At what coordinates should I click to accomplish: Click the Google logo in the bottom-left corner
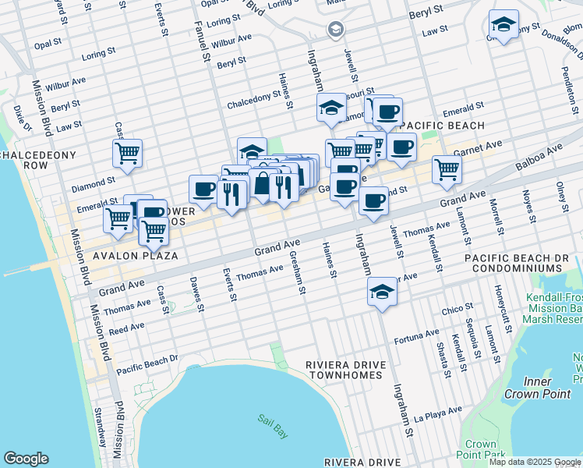(x=26, y=459)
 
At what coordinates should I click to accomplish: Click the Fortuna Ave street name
(x=417, y=335)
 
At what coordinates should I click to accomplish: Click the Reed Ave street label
(x=127, y=330)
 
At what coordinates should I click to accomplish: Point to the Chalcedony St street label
(x=253, y=101)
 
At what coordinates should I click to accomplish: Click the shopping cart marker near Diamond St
(x=127, y=153)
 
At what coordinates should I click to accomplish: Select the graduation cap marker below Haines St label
(x=252, y=151)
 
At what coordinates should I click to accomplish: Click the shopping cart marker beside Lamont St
(x=447, y=168)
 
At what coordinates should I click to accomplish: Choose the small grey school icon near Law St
(x=336, y=30)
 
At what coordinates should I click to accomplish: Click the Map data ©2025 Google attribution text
(x=535, y=462)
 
